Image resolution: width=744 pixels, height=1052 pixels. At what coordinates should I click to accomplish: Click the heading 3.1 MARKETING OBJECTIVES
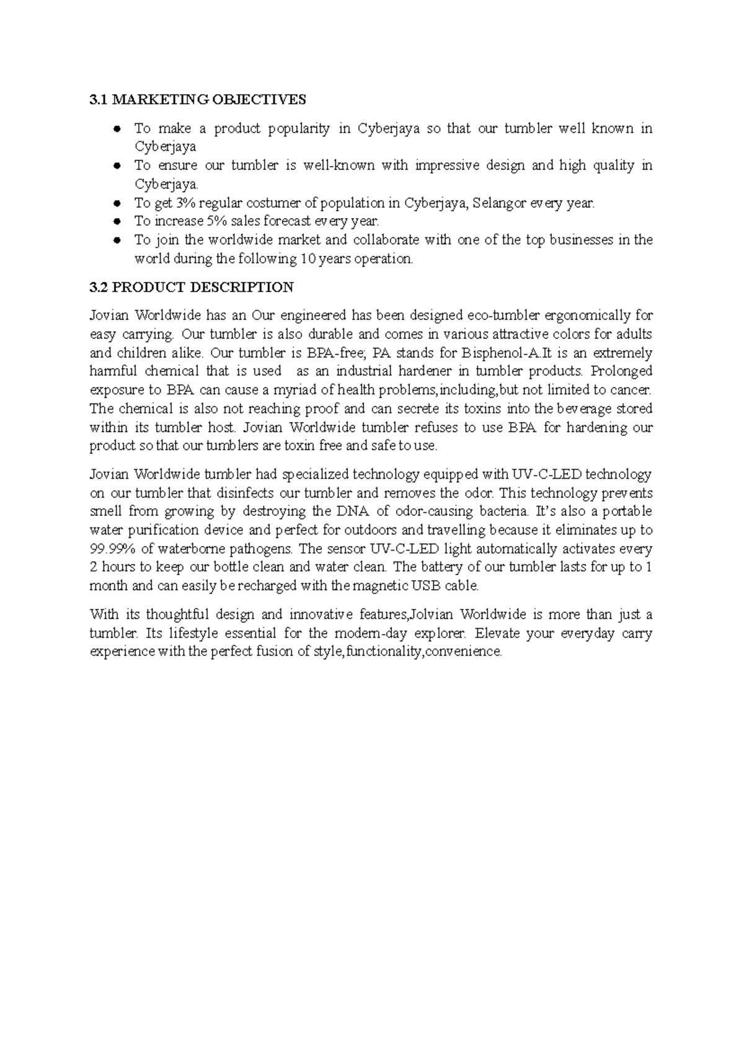198,99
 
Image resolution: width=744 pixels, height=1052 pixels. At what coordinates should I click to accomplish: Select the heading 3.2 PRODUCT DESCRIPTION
192,287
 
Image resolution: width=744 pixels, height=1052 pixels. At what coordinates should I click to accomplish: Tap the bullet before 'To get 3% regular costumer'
116,203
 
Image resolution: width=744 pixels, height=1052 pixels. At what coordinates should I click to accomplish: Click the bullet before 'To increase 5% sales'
116,221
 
